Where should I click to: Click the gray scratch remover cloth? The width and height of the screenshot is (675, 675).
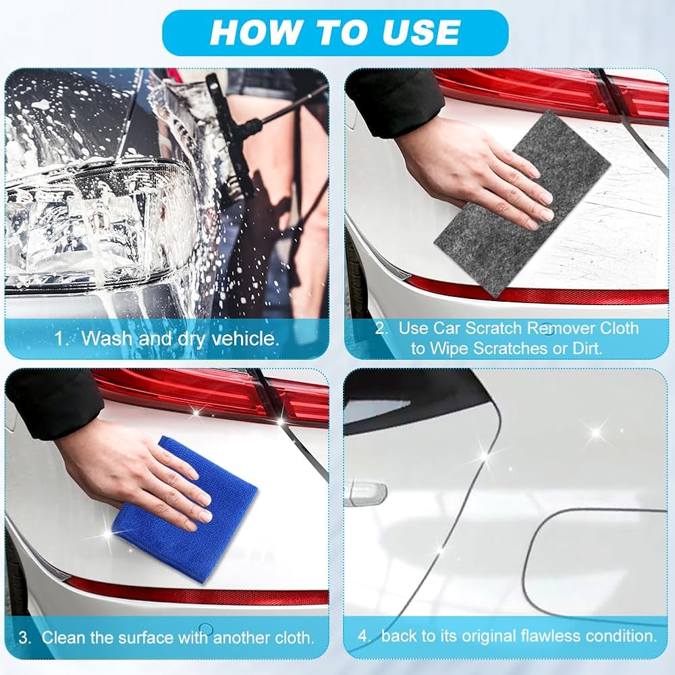point(522,204)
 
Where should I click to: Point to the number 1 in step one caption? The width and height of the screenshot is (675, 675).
point(60,339)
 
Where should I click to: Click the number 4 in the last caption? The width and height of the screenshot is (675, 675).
point(364,637)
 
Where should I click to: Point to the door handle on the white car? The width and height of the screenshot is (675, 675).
point(367,493)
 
